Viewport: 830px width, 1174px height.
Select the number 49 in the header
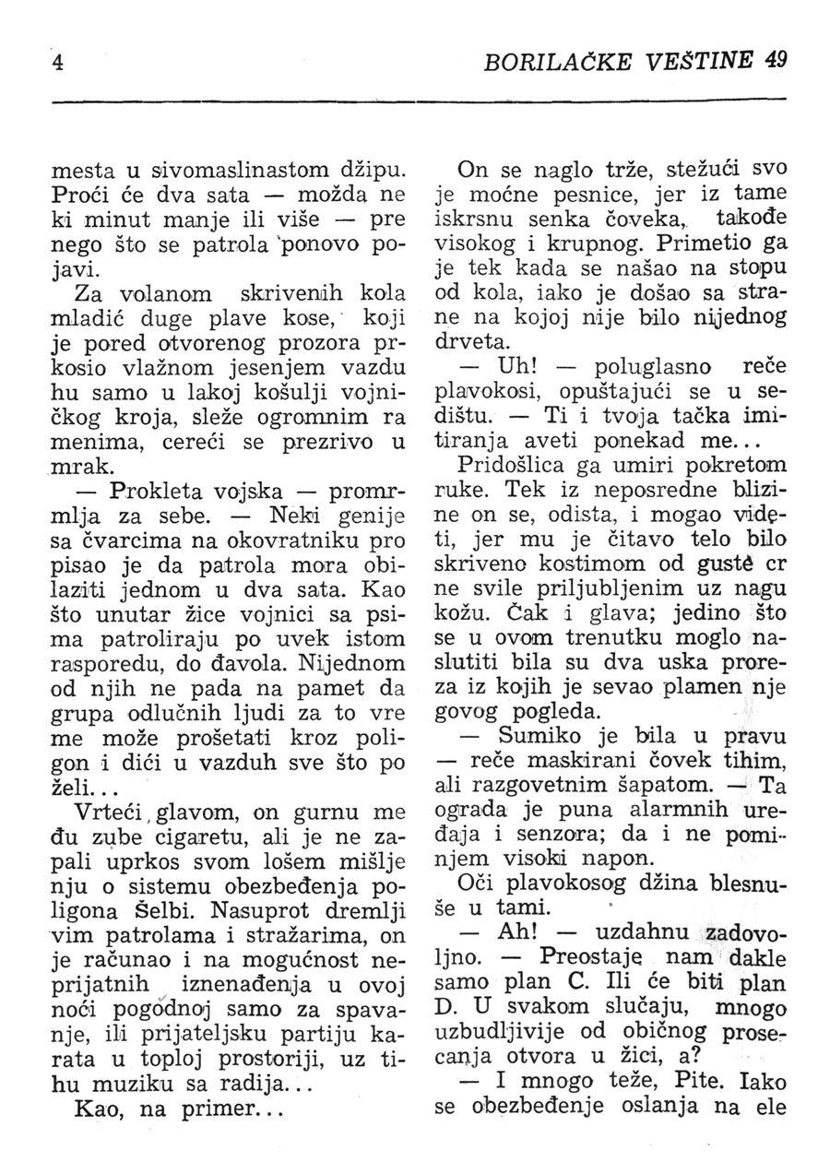pos(775,62)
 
